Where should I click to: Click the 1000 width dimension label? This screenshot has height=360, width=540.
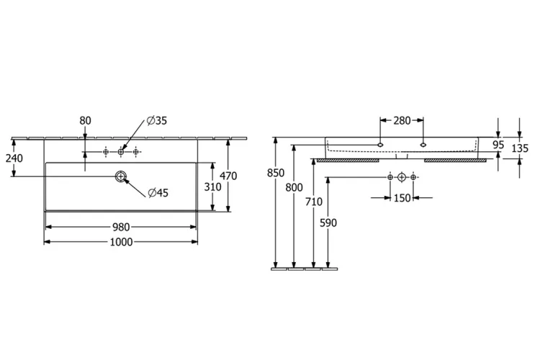point(121,242)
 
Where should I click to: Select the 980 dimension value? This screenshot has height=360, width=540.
point(121,227)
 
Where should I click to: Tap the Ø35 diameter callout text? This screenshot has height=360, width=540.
point(157,120)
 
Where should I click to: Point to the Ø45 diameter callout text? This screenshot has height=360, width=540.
point(158,192)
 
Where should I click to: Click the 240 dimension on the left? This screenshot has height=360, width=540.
point(14,158)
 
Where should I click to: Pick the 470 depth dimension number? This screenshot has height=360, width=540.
point(228,176)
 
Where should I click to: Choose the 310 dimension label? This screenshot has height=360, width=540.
point(212,187)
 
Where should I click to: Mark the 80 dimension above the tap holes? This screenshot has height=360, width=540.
point(85,120)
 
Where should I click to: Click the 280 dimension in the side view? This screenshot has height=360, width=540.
point(402,120)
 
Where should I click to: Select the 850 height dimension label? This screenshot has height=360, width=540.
point(276,173)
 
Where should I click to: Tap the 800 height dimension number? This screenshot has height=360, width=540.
point(294,187)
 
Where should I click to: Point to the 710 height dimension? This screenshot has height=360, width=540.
point(314,202)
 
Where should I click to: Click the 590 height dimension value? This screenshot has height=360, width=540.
point(328,223)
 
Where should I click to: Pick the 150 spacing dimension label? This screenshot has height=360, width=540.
point(402,198)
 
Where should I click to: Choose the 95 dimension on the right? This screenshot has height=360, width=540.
point(498,145)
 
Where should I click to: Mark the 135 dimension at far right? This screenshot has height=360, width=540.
point(520,148)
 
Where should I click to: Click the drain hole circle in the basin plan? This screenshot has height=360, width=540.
point(120,176)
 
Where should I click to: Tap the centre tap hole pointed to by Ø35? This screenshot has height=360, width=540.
point(120,152)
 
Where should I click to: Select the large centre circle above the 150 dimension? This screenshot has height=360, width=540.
point(402,177)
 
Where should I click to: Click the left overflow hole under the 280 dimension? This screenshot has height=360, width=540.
point(380,145)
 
